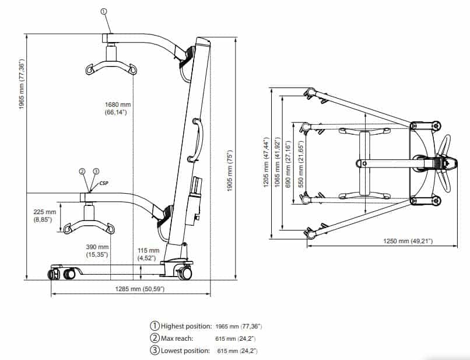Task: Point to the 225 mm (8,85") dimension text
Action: tap(44, 216)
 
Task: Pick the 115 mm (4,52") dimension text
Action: tap(147, 251)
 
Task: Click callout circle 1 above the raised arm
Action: tap(104, 11)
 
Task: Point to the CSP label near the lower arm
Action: tap(104, 183)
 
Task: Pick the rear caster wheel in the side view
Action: tap(186, 271)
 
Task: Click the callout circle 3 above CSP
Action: tap(96, 171)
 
